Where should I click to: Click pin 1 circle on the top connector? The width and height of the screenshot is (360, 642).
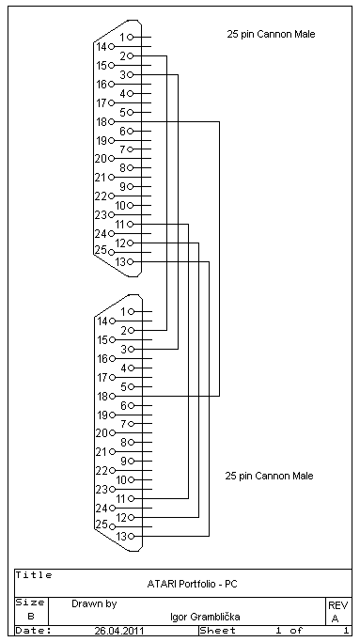click(131, 38)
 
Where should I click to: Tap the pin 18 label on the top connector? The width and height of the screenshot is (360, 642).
click(102, 121)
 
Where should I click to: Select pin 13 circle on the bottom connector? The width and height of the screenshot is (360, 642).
click(131, 537)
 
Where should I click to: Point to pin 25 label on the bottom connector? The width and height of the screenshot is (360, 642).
click(102, 525)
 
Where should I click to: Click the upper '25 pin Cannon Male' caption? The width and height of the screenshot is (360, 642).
click(271, 34)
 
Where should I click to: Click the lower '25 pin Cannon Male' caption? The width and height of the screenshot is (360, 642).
click(270, 476)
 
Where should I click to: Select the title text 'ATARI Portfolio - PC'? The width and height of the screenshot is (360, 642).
click(192, 585)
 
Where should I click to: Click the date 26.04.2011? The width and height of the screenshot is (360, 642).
click(119, 631)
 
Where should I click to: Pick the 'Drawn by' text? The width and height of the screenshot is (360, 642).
click(94, 603)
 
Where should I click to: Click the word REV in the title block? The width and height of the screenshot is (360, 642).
click(337, 605)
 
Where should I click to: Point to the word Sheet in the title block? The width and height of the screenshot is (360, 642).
click(217, 631)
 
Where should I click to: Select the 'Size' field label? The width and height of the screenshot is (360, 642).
click(30, 603)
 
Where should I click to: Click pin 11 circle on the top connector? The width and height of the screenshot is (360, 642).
click(131, 225)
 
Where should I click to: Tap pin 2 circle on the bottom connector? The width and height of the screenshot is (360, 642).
click(131, 331)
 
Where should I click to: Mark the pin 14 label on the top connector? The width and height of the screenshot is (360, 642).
click(102, 47)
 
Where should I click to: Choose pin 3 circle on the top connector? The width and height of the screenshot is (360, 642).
click(131, 74)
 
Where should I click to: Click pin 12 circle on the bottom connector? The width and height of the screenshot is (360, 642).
click(131, 518)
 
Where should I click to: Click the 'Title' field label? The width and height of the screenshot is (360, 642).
click(34, 575)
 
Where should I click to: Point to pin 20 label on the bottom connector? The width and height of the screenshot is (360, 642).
click(102, 433)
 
